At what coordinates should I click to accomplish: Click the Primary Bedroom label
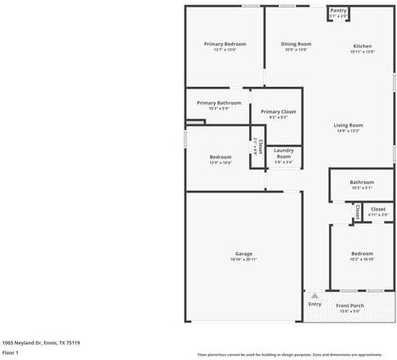(224, 43)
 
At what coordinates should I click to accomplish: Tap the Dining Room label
(296, 43)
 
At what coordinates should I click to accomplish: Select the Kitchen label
(362, 45)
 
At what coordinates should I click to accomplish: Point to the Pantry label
(338, 10)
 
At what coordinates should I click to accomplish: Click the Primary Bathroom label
(218, 103)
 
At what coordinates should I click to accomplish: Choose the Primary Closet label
(278, 111)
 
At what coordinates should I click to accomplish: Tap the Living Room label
(348, 125)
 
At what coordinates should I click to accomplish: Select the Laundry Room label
(284, 153)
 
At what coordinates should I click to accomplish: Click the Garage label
(244, 254)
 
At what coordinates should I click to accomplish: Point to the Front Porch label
(349, 305)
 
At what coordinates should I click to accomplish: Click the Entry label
(315, 304)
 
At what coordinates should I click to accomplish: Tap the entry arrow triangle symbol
(315, 295)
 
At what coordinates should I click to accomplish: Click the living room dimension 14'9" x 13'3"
(348, 131)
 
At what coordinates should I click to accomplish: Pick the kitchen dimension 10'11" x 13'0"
(362, 51)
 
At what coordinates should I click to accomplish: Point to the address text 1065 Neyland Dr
(41, 342)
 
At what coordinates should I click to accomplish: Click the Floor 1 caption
(11, 351)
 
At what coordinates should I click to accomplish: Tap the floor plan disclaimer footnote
(289, 354)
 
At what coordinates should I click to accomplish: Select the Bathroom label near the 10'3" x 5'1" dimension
(361, 182)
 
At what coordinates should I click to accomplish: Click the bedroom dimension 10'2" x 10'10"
(362, 259)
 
